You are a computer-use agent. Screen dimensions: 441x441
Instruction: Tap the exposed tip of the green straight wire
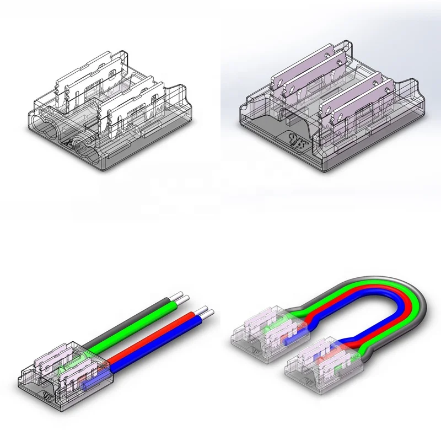point(185,299)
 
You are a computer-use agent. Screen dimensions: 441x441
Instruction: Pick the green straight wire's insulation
point(143,325)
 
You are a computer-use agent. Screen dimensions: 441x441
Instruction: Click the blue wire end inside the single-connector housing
point(91,381)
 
